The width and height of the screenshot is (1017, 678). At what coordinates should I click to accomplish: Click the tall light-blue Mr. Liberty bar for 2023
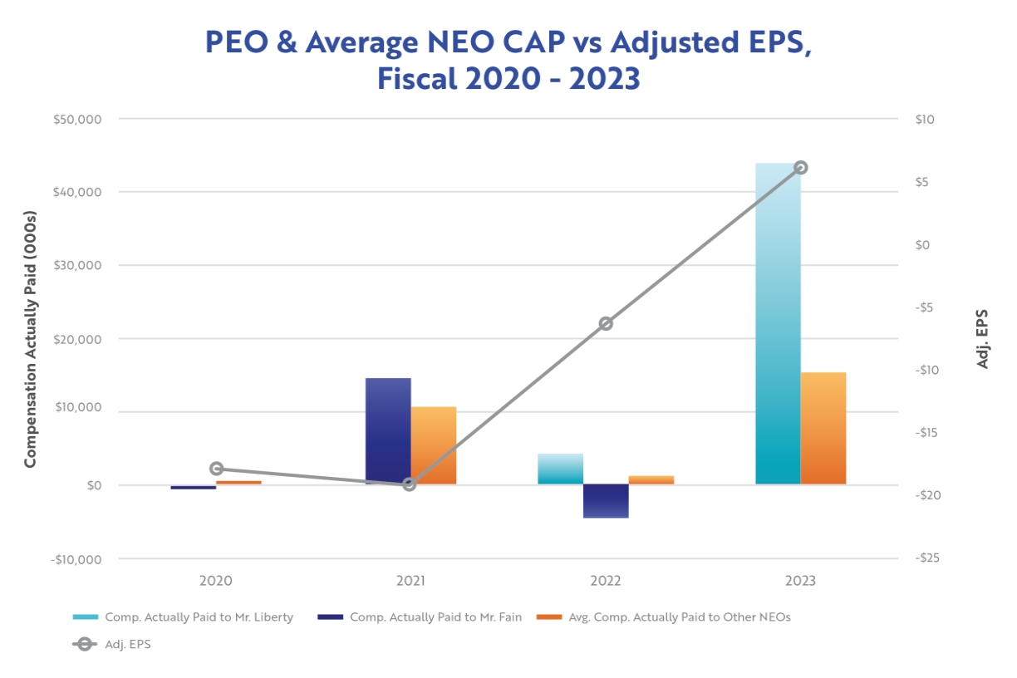click(778, 324)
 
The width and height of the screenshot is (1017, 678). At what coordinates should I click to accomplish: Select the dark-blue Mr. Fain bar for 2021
click(388, 431)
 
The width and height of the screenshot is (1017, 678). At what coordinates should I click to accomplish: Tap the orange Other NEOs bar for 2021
click(434, 445)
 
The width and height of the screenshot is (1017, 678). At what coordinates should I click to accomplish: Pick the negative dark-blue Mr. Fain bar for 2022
click(606, 501)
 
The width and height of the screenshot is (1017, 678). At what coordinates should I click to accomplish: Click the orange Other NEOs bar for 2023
click(823, 428)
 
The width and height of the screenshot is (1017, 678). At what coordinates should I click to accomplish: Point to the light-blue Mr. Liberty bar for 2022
click(561, 469)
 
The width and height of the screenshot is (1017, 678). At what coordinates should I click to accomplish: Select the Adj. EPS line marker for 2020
click(217, 469)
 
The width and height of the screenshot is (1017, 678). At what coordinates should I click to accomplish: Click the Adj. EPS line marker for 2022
click(606, 323)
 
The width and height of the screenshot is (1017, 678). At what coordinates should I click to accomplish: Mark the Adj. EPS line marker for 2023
click(801, 168)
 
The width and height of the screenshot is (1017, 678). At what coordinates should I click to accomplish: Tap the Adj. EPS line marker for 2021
click(410, 484)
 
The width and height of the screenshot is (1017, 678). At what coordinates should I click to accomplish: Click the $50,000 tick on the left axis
click(76, 119)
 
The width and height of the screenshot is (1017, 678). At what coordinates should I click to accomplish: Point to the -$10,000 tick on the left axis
click(76, 559)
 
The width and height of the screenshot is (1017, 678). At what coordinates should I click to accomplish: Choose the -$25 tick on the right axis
click(925, 558)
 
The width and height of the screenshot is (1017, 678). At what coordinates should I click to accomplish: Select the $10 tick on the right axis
click(924, 119)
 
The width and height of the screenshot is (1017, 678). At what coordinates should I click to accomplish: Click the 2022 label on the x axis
click(606, 581)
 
